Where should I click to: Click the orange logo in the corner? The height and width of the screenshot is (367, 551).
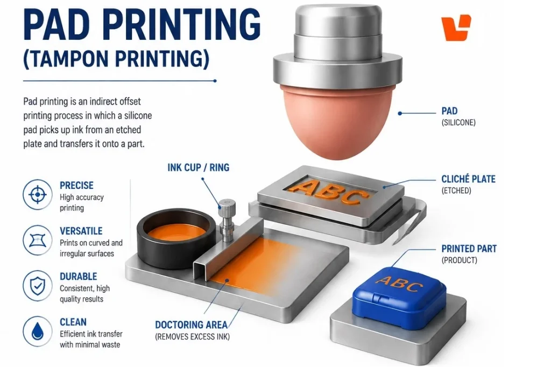click(456, 28)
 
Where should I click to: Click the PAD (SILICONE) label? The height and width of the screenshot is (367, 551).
click(458, 116)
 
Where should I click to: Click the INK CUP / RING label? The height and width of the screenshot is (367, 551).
click(198, 167)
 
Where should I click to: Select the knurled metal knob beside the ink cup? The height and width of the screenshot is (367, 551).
click(227, 220)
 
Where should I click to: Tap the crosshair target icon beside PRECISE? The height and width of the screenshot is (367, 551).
click(38, 194)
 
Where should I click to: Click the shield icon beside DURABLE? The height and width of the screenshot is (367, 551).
click(38, 285)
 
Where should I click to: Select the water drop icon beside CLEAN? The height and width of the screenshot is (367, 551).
click(38, 331)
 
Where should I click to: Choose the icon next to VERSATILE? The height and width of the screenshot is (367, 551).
click(38, 240)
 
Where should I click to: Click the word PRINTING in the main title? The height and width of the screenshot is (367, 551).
click(182, 24)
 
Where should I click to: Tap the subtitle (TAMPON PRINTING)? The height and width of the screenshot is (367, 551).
click(116, 58)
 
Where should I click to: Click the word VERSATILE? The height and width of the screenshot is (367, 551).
click(81, 231)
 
